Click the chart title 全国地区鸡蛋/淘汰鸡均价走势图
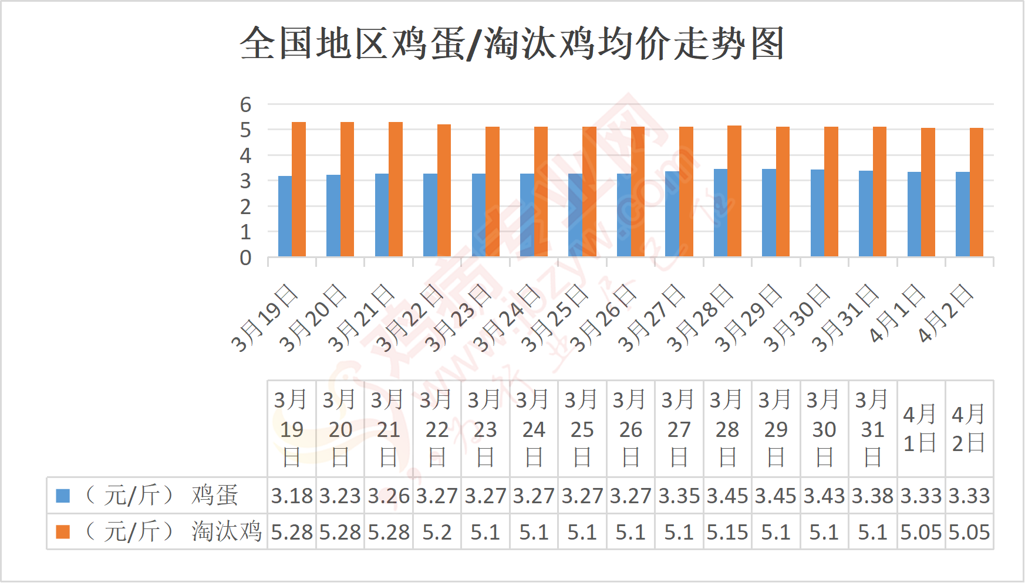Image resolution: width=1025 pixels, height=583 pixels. point(512,43)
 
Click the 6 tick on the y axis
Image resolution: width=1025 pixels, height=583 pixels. point(245,104)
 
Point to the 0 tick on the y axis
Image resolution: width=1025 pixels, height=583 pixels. point(245,257)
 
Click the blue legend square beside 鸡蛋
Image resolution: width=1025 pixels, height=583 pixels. point(63,496)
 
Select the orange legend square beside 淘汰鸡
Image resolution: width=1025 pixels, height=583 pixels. point(63,531)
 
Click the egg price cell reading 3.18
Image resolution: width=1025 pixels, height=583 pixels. point(292,496)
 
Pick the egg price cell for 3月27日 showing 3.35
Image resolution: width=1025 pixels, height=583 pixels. point(679,496)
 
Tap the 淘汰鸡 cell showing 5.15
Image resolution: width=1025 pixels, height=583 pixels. point(727,532)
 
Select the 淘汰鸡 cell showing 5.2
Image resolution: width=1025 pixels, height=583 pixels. point(437,532)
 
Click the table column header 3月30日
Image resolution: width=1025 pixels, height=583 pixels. point(824,429)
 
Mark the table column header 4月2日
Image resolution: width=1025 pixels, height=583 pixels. point(969,429)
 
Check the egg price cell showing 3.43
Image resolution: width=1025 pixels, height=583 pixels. point(824,496)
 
